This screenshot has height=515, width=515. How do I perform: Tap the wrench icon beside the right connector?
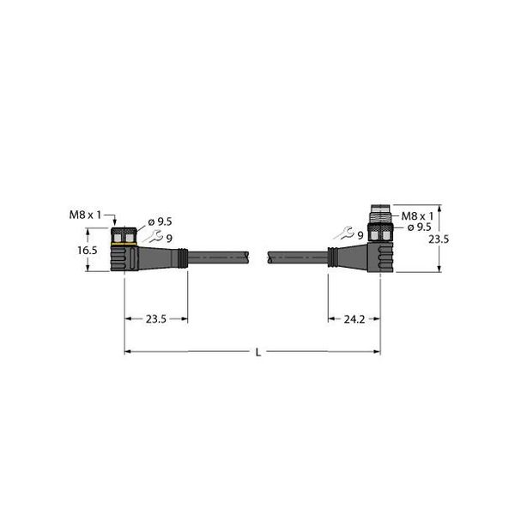pos(343,232)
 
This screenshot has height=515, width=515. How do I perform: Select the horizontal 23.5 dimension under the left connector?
pos(156,318)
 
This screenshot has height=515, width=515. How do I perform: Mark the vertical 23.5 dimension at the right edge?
pos(438,240)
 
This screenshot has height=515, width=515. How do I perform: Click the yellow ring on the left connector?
pos(124,244)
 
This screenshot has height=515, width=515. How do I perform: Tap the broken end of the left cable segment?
pos(249,256)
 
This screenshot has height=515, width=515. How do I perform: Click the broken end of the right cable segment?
pos(270,256)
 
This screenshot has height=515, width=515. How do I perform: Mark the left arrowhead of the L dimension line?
pos(128,351)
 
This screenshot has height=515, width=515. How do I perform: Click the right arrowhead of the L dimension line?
pos(377,351)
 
